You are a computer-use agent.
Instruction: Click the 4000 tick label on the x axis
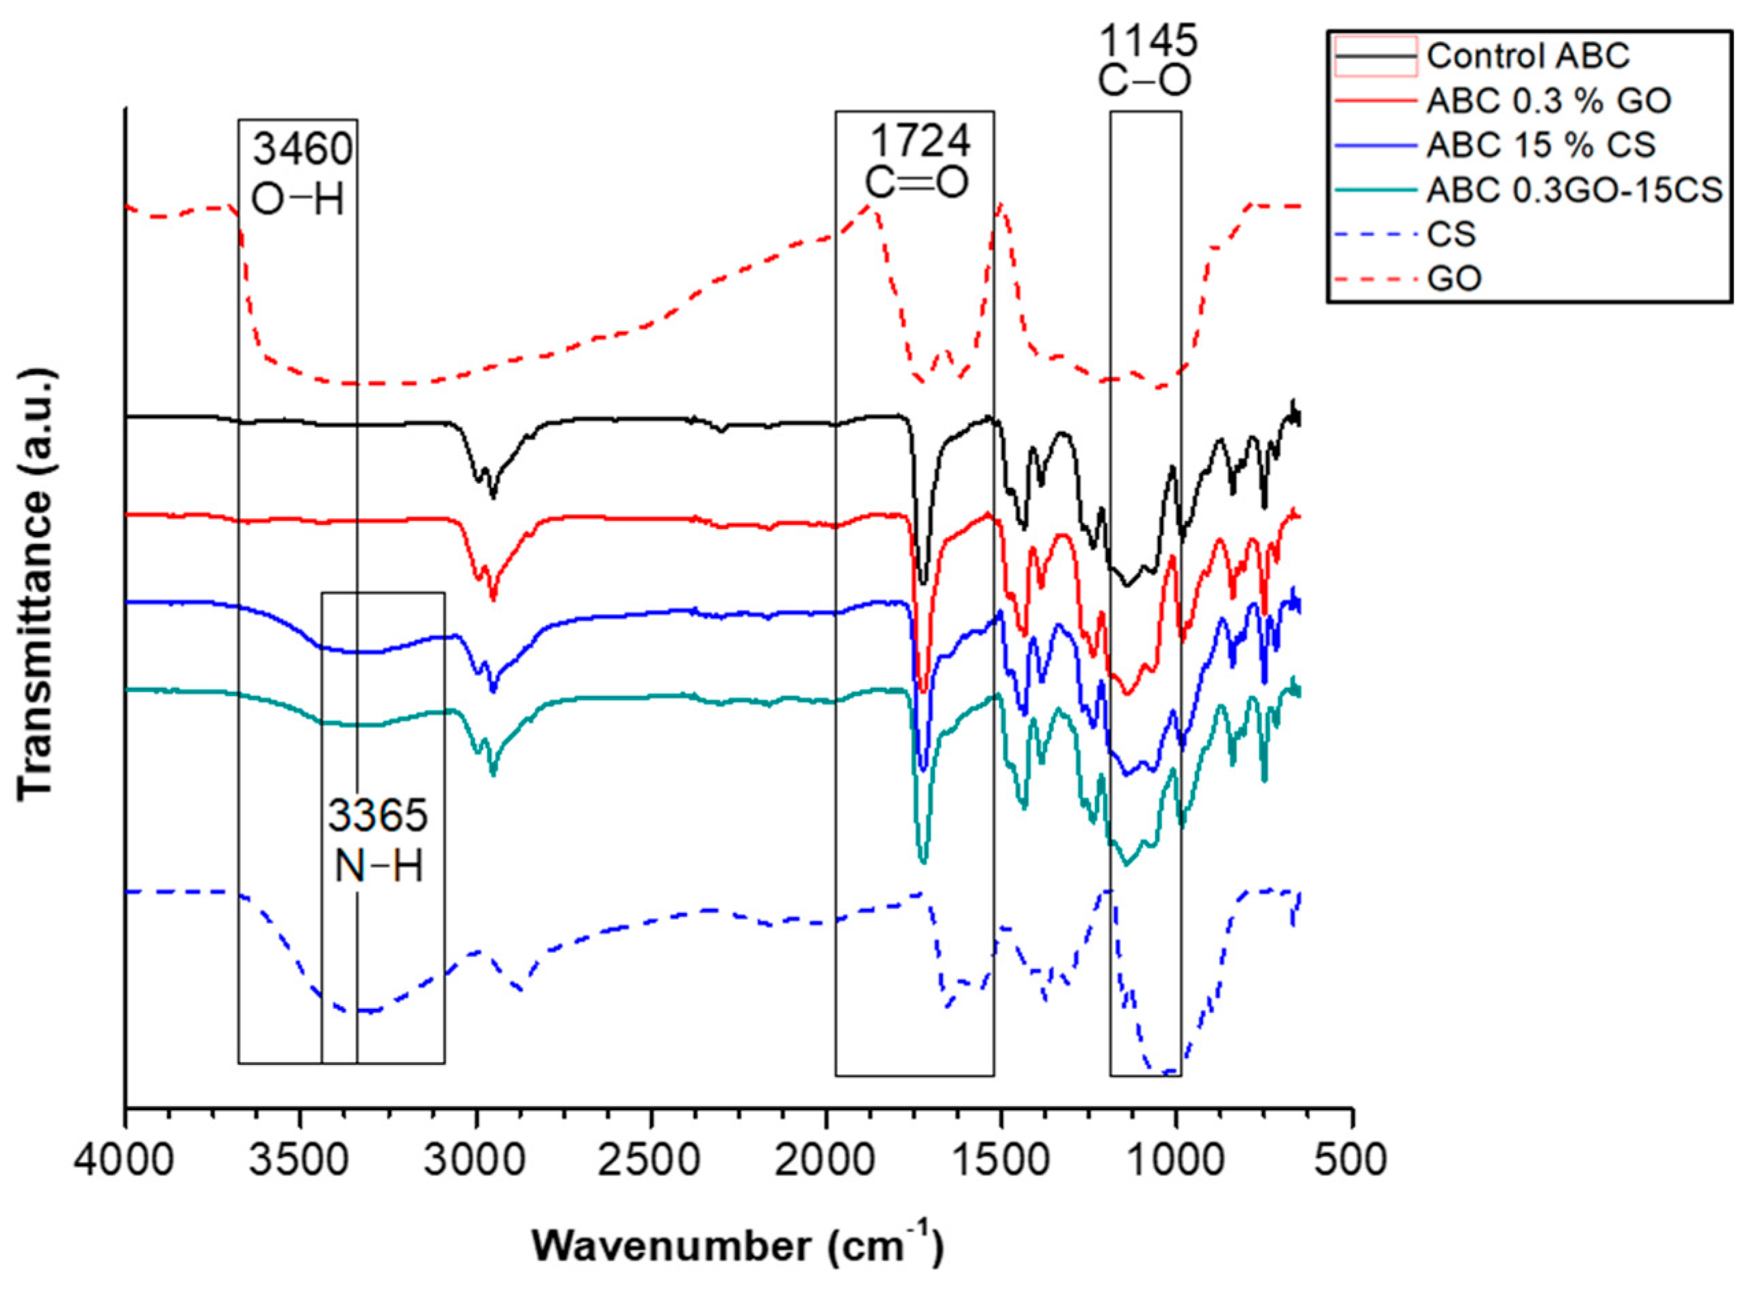pos(126,1159)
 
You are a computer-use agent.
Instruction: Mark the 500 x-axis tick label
pos(1352,1159)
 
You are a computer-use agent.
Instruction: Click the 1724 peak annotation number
pos(919,142)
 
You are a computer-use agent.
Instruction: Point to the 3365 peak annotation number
pos(378,817)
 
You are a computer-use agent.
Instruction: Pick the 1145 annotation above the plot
pos(1148,41)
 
